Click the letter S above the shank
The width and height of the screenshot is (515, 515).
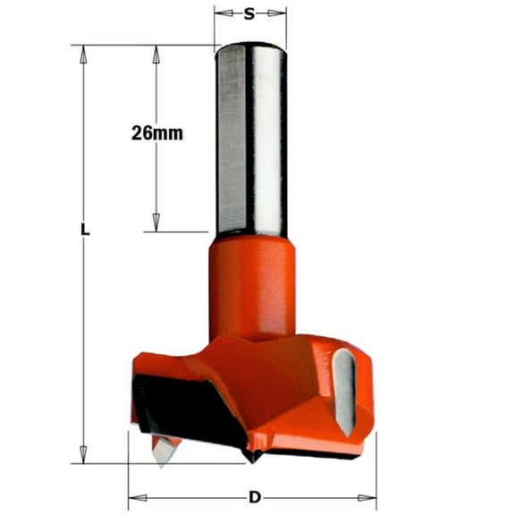coord(250,13)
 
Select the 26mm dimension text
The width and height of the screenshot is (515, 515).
coord(156,133)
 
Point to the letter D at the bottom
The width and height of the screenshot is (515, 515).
coord(256,497)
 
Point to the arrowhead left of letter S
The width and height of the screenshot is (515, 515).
coord(222,13)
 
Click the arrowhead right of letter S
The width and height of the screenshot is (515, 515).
coord(280,13)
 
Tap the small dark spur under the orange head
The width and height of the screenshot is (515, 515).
coord(256,456)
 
